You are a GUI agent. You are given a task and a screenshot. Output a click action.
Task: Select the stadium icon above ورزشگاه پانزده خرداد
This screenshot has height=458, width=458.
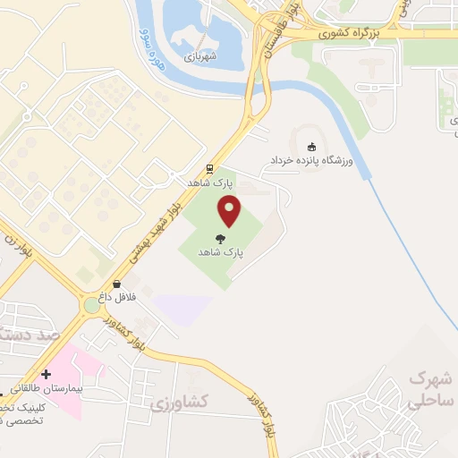coord(311,147)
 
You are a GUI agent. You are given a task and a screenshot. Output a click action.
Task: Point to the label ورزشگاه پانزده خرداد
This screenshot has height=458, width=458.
coord(313,161)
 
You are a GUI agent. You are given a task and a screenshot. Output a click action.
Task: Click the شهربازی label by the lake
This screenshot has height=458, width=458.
coord(202,55)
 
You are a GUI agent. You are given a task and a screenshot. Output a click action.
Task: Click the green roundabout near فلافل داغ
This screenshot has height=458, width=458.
coord(93,306)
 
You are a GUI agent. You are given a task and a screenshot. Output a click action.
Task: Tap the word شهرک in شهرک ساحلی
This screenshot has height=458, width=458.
coord(427,378)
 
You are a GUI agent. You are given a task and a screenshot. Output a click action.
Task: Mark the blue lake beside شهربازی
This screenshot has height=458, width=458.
coord(201,27)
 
